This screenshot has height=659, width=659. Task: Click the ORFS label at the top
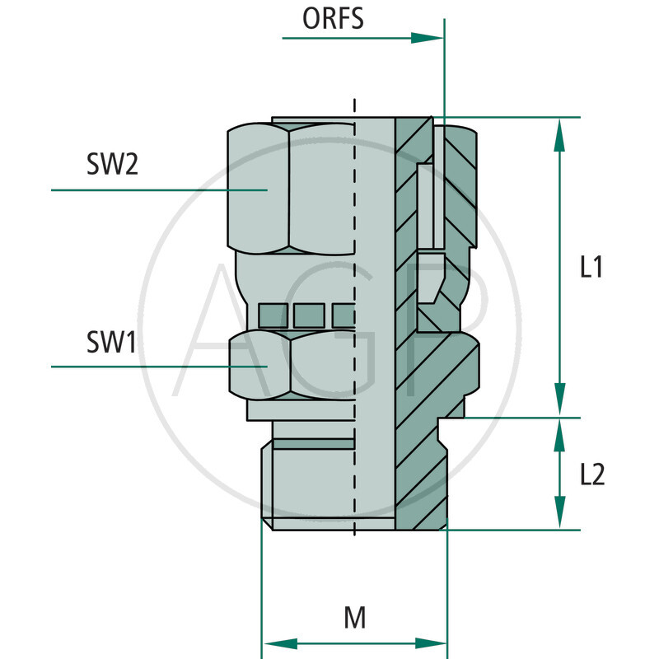coord(333,18)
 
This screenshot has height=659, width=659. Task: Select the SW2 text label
coord(112,165)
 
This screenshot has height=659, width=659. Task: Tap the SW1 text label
coord(111,342)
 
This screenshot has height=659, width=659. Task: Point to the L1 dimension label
coord(591,267)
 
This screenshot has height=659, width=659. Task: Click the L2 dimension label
coord(592,474)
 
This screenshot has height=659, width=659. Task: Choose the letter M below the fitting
coord(354,618)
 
